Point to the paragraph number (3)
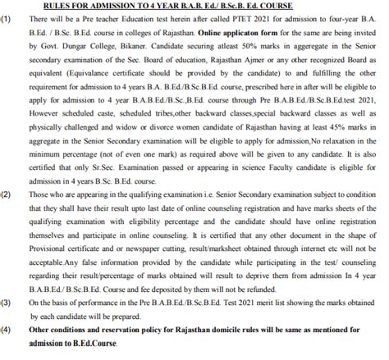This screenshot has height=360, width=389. pos(7,303)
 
